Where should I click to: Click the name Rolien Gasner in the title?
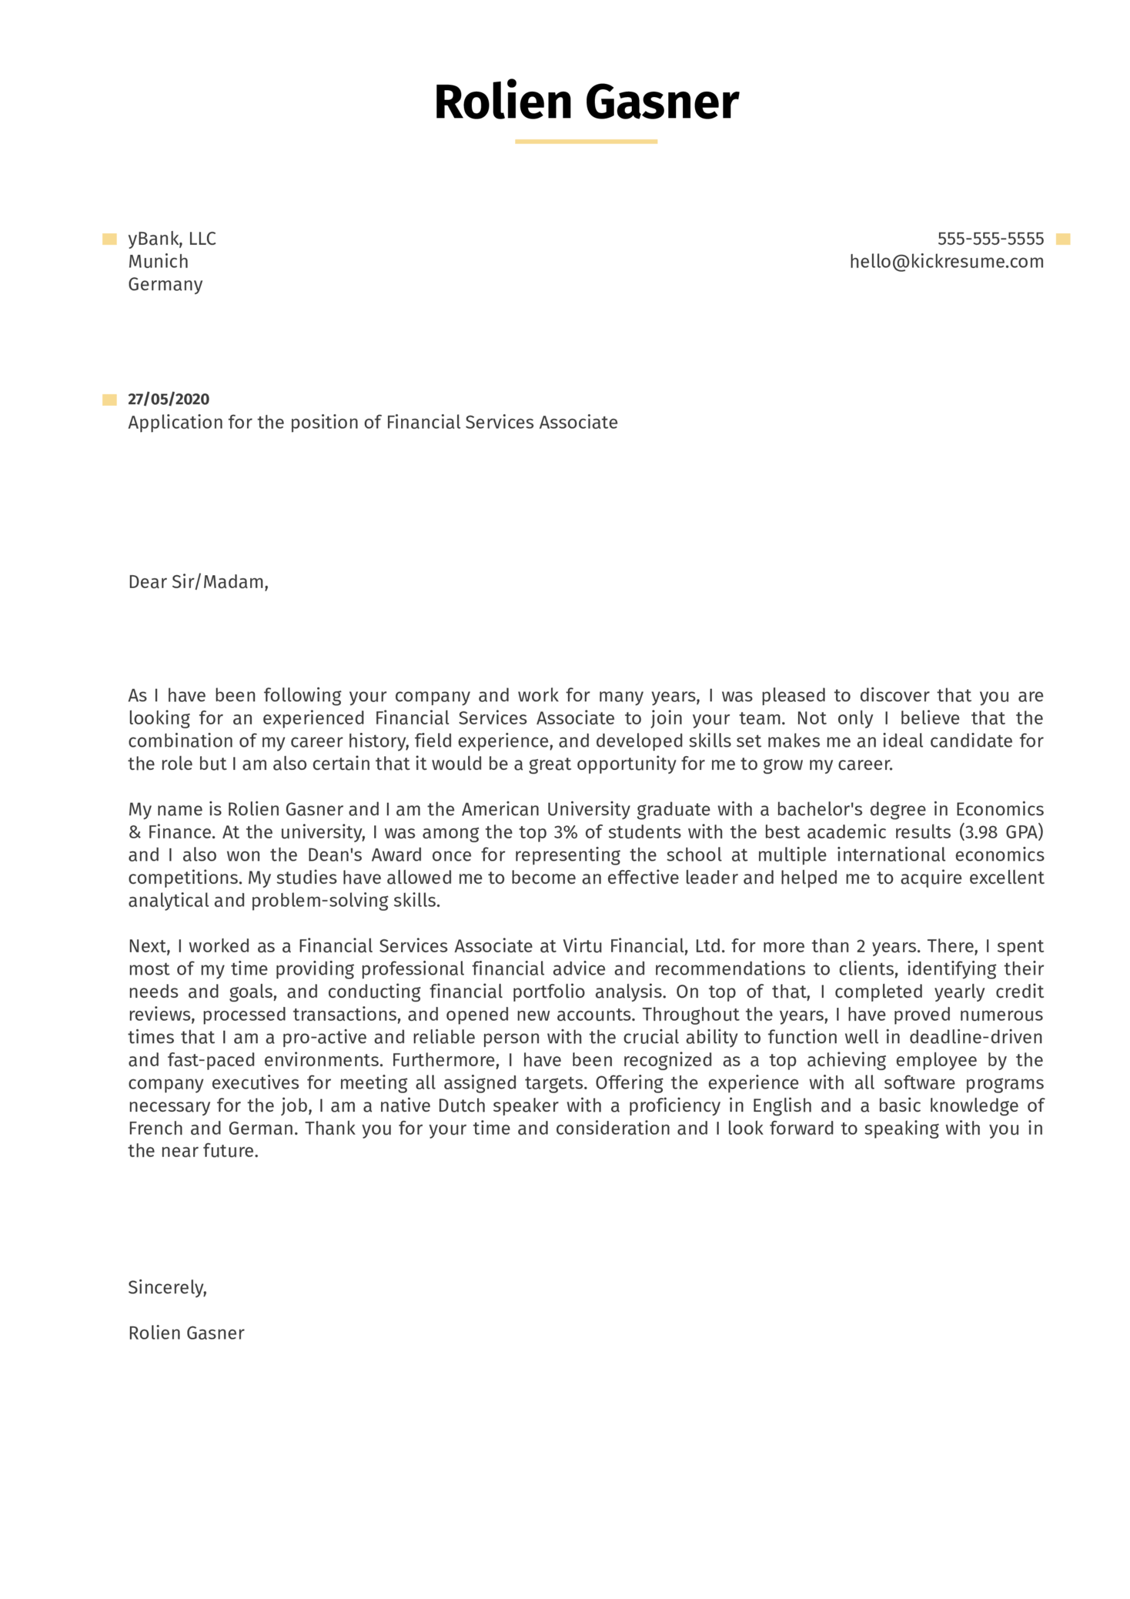586,102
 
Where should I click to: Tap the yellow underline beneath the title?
586,142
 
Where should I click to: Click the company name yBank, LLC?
172,239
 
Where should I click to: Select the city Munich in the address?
158,262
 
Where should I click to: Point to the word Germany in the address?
165,284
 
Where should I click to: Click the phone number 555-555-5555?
990,239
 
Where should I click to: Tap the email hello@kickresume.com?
946,262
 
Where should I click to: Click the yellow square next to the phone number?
1063,239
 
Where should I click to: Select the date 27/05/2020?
169,399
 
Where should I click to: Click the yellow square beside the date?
109,400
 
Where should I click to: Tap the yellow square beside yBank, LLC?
109,239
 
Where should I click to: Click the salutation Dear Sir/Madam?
198,582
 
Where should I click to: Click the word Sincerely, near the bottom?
167,1287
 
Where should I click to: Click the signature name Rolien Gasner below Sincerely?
186,1333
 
